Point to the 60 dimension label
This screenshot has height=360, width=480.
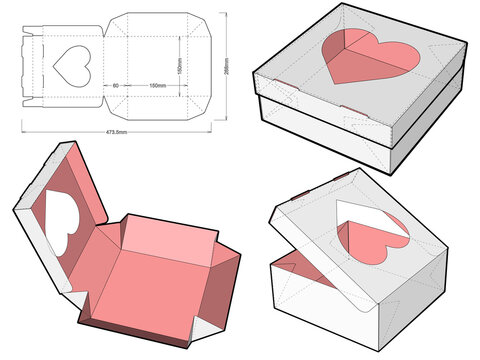click(116, 86)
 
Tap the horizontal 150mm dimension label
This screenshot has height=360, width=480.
click(158, 86)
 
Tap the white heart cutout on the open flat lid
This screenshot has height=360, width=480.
click(61, 222)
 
